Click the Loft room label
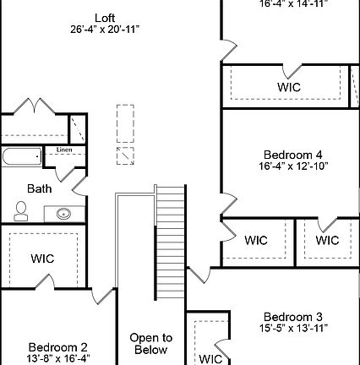tap(105, 17)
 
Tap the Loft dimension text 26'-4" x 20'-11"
tap(105, 29)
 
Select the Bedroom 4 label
tap(292, 155)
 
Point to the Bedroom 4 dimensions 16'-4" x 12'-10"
tap(292, 166)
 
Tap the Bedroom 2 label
tap(57, 346)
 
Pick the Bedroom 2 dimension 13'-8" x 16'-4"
tap(57, 358)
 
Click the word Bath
tap(40, 188)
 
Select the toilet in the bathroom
tap(21, 210)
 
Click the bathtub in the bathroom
tap(21, 158)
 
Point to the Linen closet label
tap(64, 150)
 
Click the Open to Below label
tap(150, 343)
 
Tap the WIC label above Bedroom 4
tap(289, 87)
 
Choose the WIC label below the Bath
tap(42, 258)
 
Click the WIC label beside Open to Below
tap(210, 358)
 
